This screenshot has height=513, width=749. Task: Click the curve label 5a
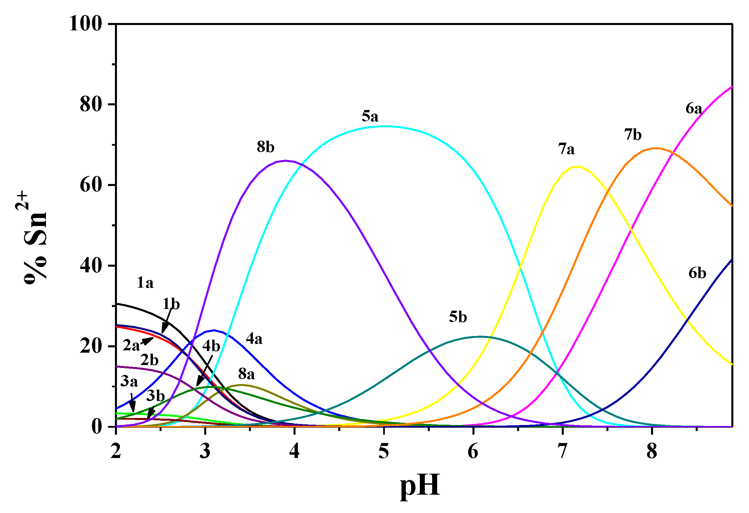(x=370, y=117)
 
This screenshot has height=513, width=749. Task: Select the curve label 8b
(x=266, y=147)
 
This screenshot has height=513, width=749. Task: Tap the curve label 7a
(x=566, y=149)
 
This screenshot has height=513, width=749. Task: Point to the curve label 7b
(x=633, y=135)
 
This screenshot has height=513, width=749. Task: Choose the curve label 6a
(x=694, y=109)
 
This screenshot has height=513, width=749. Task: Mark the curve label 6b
(x=697, y=273)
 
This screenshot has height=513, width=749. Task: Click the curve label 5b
(x=458, y=317)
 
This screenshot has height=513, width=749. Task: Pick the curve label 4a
(x=254, y=339)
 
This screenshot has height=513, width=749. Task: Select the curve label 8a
(x=246, y=374)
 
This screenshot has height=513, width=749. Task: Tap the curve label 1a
(x=145, y=283)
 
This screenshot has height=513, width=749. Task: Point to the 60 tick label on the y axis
(x=91, y=185)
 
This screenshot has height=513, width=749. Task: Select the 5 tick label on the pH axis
(x=384, y=451)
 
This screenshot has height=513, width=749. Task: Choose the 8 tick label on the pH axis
(x=652, y=451)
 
